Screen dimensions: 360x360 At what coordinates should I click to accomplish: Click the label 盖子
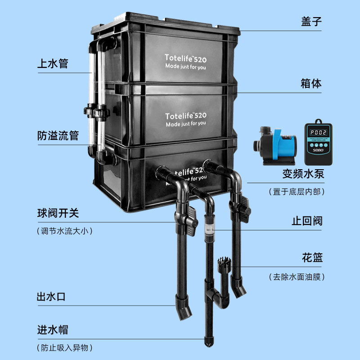tap(311, 21)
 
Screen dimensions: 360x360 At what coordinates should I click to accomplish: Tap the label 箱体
tap(311, 83)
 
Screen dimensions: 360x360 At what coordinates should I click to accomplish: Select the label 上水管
tap(52, 63)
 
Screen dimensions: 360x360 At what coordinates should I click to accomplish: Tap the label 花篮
tap(312, 259)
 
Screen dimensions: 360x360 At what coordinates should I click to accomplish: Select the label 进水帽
tap(52, 330)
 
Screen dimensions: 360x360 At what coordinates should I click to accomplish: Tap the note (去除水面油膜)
tap(297, 277)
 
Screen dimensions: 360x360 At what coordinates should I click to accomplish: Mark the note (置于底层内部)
tap(297, 192)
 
